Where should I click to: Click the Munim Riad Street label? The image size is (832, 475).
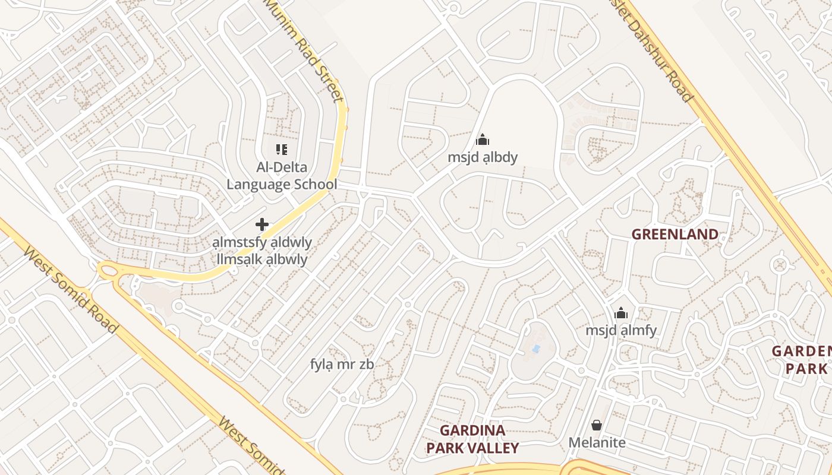pos(304,50)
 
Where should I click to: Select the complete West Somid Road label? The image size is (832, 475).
pos(70,289)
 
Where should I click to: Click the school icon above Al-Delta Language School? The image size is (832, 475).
pos(282,150)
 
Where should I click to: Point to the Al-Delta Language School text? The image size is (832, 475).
pos(282,176)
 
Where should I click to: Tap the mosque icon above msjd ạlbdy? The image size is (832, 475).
pos(483,140)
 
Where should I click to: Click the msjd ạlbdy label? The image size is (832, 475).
pos(483,157)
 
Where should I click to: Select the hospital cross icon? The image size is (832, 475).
pos(262,224)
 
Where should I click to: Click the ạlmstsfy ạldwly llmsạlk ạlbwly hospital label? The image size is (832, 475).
pos(262,251)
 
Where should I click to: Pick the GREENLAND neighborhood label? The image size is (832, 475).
pos(675,235)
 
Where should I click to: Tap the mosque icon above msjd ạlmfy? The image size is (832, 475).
pos(621,313)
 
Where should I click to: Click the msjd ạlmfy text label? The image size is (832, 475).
pos(621,330)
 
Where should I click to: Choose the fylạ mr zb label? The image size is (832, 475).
pos(342,364)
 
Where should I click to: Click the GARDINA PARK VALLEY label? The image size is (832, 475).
pos(472,439)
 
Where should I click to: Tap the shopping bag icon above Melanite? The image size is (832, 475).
pos(597,425)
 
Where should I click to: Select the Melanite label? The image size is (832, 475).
pos(597,442)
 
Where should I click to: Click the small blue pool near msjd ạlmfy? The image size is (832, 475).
pos(537,349)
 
